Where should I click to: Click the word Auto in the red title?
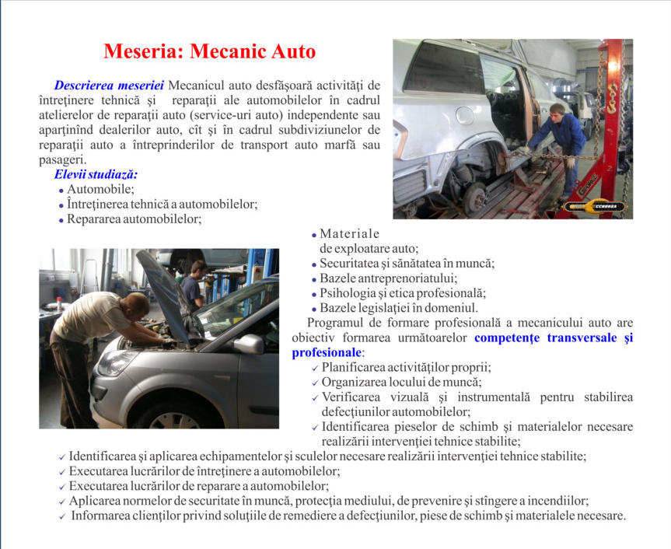(x=292, y=52)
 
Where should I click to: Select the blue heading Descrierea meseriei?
(x=109, y=85)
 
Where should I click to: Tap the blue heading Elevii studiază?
(x=96, y=174)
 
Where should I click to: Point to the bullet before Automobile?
(x=61, y=190)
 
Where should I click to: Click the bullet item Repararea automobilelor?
(x=135, y=219)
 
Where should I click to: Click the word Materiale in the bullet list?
(x=350, y=233)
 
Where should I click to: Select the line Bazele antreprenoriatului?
(x=389, y=278)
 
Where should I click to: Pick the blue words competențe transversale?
(x=537, y=338)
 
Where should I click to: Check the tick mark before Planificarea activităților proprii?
(x=314, y=368)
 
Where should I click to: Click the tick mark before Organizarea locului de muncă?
(x=314, y=383)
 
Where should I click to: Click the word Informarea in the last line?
(x=102, y=516)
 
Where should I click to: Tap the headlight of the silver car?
(x=117, y=362)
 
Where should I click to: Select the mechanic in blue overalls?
(x=566, y=140)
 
